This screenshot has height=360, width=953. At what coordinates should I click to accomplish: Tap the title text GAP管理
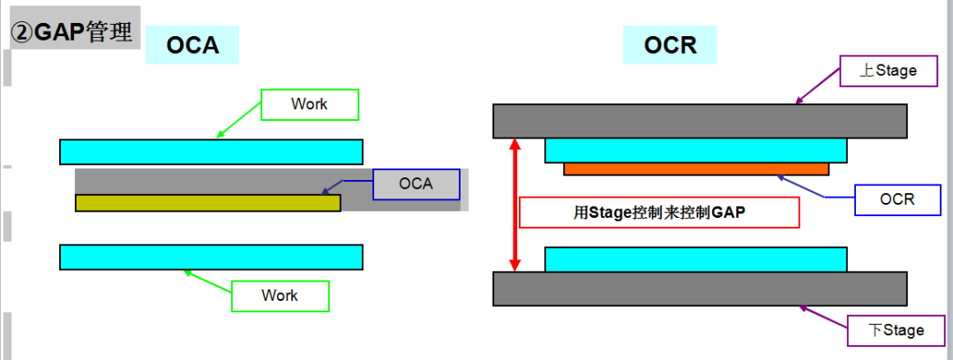(71, 34)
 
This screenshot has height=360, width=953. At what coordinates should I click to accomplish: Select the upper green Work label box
(310, 104)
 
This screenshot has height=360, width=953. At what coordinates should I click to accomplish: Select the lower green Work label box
(280, 296)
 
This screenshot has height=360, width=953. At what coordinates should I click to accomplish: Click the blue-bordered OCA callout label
(416, 184)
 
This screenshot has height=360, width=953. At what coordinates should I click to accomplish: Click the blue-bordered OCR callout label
(897, 199)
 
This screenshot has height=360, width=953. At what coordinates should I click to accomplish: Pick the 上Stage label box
(889, 71)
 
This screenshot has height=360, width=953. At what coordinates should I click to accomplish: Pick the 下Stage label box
(897, 330)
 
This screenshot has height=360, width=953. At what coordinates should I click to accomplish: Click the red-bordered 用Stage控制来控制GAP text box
(659, 213)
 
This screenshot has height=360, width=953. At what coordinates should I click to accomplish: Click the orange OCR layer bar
(695, 169)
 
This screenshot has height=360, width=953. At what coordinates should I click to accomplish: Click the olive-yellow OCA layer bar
(207, 203)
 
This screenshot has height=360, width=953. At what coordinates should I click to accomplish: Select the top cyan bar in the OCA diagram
(211, 152)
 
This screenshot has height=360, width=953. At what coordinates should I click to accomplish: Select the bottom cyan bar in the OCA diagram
(211, 257)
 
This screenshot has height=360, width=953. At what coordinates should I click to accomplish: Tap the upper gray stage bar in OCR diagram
(699, 121)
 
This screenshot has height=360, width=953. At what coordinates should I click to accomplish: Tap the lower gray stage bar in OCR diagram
(699, 289)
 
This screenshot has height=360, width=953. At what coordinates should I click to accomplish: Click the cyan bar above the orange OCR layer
(695, 150)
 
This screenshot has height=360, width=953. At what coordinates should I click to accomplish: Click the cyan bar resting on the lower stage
(695, 259)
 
